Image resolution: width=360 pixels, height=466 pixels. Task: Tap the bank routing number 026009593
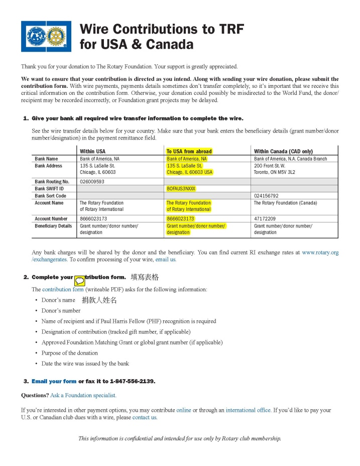92,181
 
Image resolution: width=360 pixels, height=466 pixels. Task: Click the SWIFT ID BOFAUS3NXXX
181,189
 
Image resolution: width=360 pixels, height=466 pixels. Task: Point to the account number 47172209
265,219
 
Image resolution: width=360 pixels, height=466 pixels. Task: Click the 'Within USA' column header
92,151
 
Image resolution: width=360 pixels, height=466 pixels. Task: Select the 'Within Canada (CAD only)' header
284,151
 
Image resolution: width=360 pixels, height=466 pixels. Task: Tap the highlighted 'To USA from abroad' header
189,151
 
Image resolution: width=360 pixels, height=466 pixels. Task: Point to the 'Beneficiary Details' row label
53,226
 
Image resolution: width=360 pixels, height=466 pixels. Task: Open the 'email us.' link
166,260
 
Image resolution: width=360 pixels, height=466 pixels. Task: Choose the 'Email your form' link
54,381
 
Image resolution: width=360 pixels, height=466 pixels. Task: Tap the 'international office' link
248,410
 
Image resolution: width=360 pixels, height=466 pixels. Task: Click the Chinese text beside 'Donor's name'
99,300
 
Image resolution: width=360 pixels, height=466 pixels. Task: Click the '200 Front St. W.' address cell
270,165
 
